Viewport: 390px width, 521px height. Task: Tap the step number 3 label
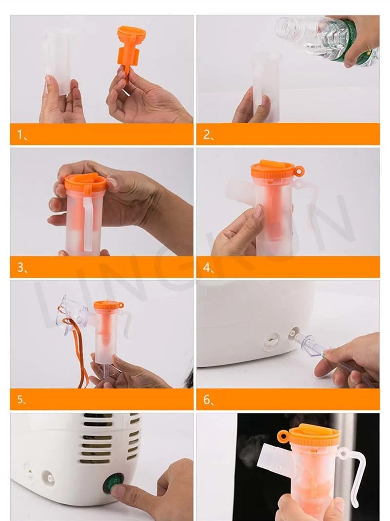click(21, 268)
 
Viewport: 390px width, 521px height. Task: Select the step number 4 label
click(208, 268)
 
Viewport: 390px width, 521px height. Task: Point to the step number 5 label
click(21, 400)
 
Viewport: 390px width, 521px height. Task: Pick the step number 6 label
click(208, 400)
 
